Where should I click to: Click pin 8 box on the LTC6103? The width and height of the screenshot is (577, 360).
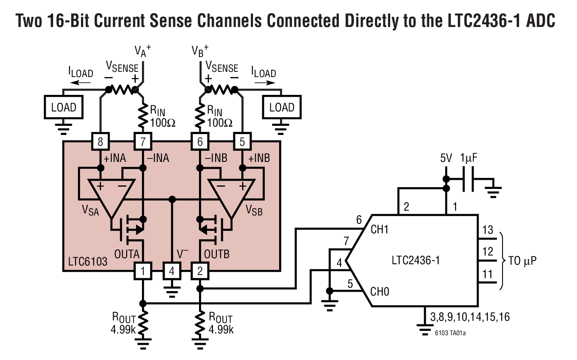point(101,141)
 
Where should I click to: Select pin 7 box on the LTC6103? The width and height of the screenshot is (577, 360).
point(142,141)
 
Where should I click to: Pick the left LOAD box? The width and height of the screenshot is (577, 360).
point(64,107)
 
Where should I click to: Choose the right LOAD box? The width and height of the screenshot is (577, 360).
point(282,107)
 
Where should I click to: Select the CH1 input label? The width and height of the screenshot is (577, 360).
point(379,229)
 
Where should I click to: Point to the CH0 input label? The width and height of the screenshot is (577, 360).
point(379,291)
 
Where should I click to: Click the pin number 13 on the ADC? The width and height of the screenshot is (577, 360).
point(489,230)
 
